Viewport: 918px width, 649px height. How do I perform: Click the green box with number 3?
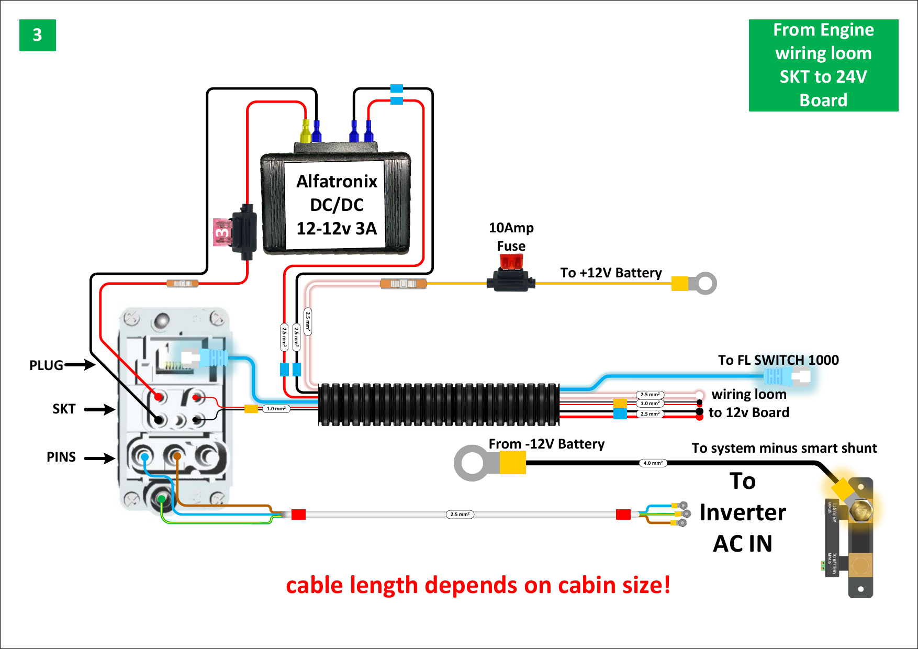click(37, 35)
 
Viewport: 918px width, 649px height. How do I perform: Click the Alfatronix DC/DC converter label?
click(336, 205)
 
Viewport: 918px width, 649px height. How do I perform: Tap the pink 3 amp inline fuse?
click(222, 232)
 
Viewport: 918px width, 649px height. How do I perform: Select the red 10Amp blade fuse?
click(511, 262)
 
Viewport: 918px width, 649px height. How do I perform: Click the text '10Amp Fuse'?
click(511, 237)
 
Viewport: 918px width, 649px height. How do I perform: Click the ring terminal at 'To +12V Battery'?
click(705, 283)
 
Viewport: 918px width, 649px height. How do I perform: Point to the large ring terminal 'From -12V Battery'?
click(473, 463)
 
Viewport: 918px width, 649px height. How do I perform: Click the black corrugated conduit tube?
click(439, 405)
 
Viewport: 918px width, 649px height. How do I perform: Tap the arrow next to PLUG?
click(80, 365)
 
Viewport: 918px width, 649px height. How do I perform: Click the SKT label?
click(63, 409)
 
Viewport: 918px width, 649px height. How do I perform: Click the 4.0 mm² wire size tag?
click(653, 463)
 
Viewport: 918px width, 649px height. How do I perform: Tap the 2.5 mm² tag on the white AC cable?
click(460, 514)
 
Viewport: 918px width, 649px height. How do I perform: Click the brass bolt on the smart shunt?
click(860, 509)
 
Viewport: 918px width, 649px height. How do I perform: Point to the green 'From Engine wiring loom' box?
click(823, 65)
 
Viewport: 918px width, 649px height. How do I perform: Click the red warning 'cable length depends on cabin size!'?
click(478, 585)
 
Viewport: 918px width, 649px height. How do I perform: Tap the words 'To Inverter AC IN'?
click(742, 512)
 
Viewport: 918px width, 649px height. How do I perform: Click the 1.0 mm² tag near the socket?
click(276, 409)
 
